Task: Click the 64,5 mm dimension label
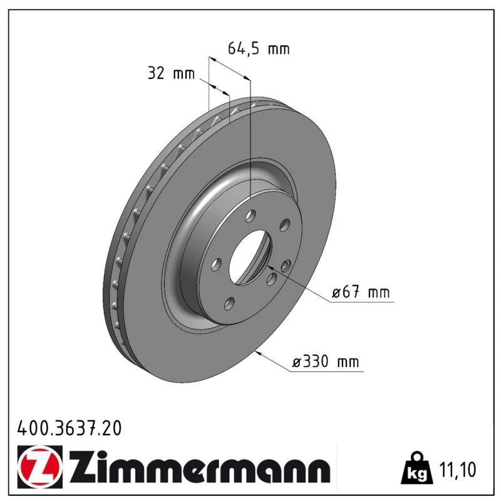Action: point(259,49)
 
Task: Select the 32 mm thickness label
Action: point(171,73)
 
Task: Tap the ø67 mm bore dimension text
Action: point(361,292)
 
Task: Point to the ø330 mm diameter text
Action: point(326,362)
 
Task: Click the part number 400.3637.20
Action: point(70,428)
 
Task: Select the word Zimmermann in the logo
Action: point(200,467)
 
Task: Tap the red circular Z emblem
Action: point(40,467)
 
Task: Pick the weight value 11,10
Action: point(458,469)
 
